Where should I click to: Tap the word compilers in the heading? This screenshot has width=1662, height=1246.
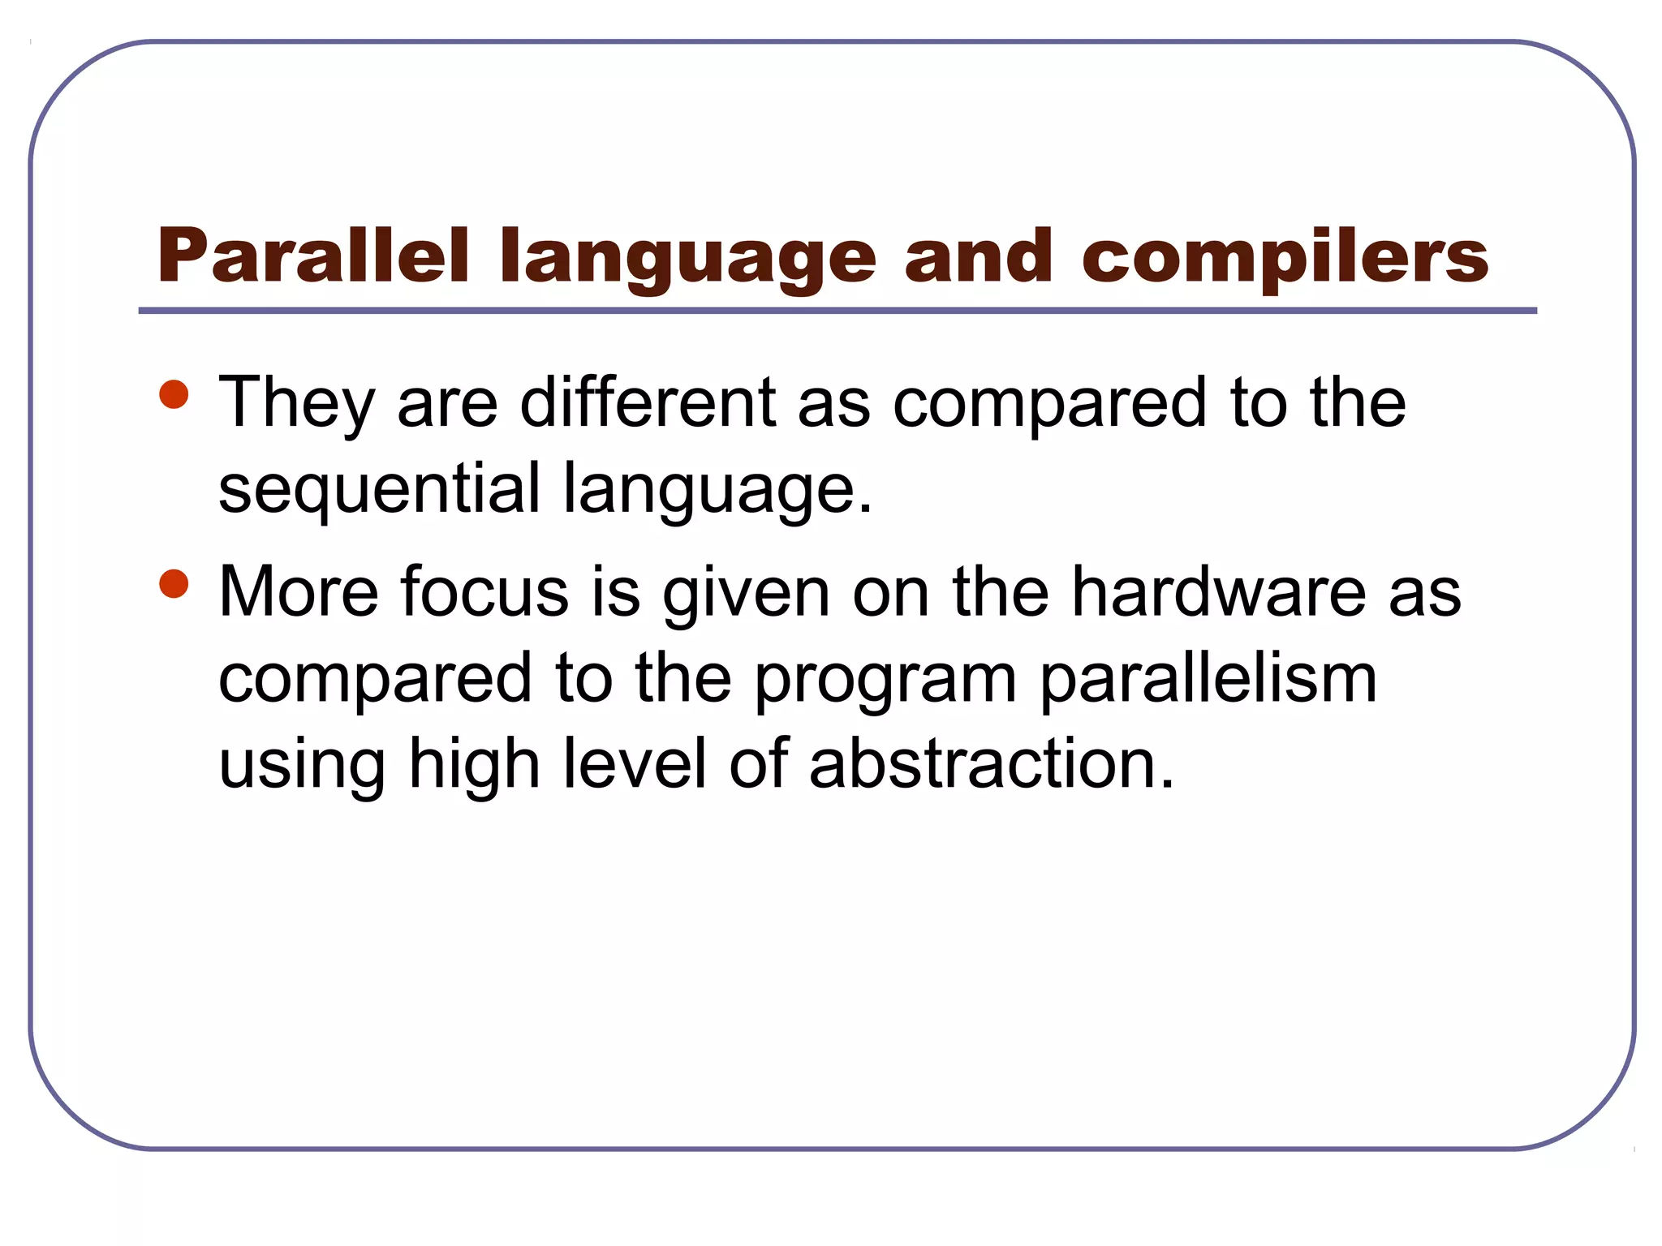[1285, 258]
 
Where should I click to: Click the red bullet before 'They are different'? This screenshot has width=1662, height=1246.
[174, 395]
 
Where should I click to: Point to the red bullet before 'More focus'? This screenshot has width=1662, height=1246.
[174, 584]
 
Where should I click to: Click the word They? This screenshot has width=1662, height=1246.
[297, 403]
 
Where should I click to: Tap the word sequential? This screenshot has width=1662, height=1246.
[379, 489]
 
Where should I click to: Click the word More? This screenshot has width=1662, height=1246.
[298, 591]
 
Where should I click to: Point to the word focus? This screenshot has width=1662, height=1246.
[484, 591]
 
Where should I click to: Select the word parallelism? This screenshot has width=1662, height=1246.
[1208, 680]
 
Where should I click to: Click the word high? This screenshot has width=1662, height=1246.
[474, 765]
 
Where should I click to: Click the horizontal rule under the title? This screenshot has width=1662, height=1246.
[837, 311]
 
